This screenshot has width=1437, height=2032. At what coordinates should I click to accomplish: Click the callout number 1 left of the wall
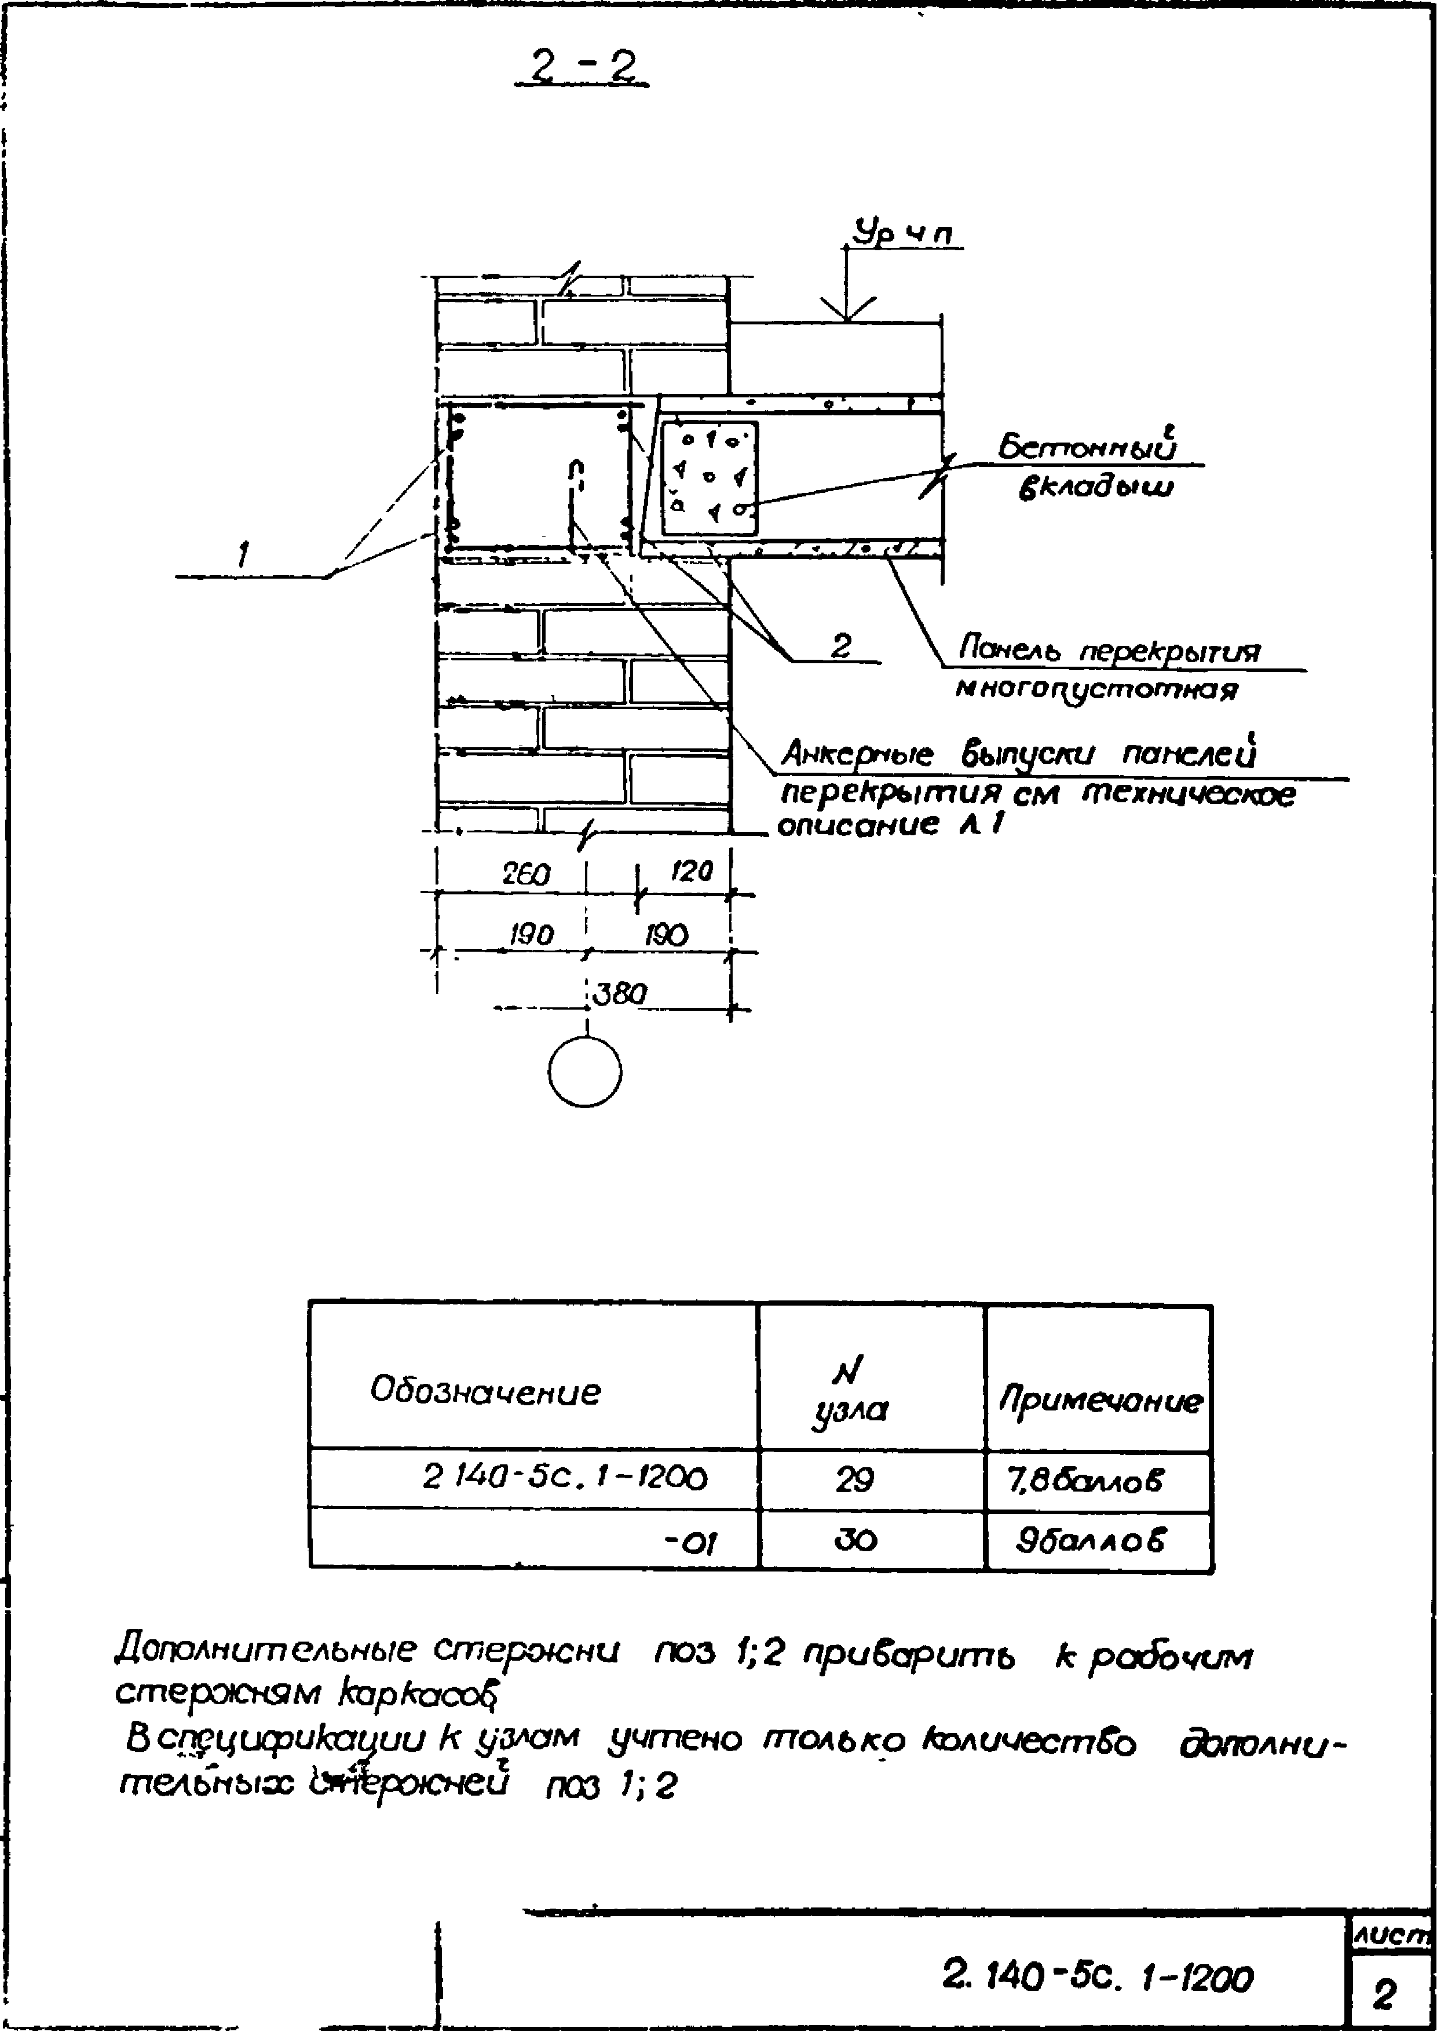(242, 556)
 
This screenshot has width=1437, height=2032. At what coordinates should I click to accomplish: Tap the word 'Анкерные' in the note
(857, 754)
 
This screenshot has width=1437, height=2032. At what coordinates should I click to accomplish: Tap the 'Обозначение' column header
(485, 1391)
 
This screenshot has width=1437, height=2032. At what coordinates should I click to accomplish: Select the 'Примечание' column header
(1100, 1400)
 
